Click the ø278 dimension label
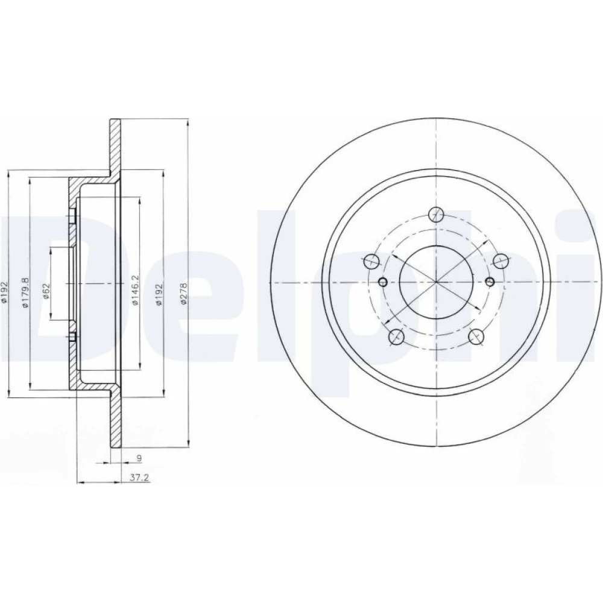pos(184,294)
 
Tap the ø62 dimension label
pos(46,293)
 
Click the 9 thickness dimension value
pos(139,458)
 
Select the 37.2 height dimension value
pos(139,478)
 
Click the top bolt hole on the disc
pos(436,214)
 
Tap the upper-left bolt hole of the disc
pos(371,261)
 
